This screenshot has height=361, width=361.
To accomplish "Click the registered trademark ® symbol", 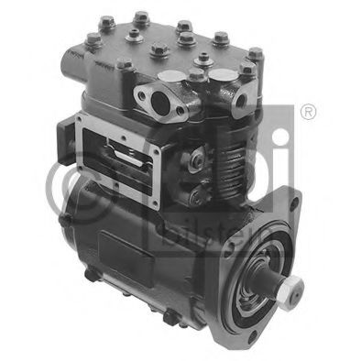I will coord(308,112).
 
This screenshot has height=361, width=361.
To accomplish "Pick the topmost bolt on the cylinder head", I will coord(142,17).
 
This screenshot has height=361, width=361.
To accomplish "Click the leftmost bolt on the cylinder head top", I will coord(93,38).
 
